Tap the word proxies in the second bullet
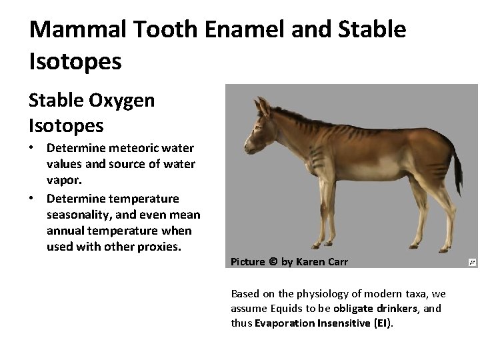(x=161, y=247)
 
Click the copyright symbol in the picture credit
(x=272, y=262)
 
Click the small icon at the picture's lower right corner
(x=472, y=263)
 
